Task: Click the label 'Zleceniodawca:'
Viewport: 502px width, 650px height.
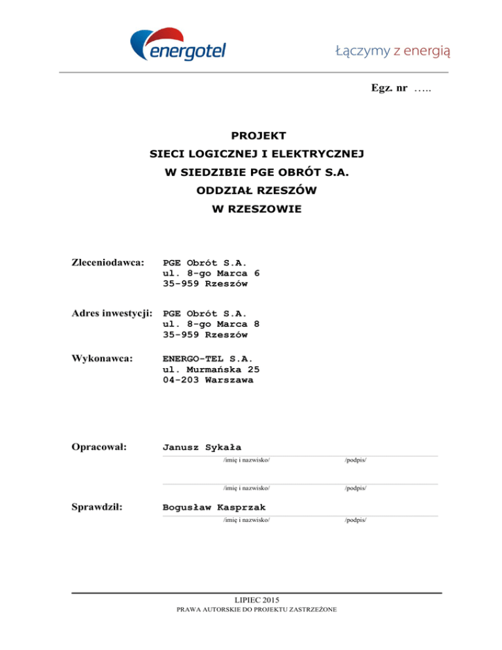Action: click(107, 262)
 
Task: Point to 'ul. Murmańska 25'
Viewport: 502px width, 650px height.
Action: click(216, 369)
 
